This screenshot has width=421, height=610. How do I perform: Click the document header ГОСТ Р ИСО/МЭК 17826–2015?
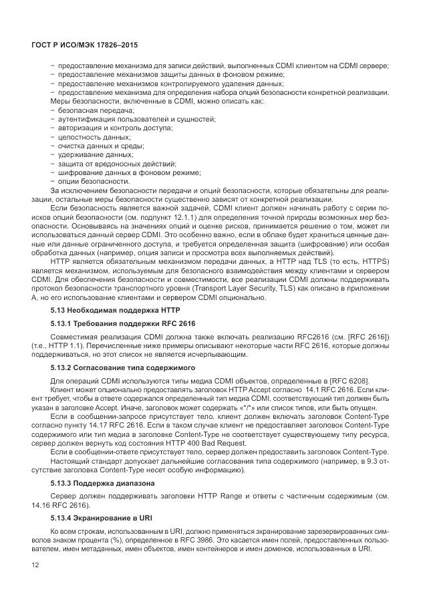coord(89,44)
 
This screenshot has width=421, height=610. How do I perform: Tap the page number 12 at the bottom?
coord(35,566)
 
